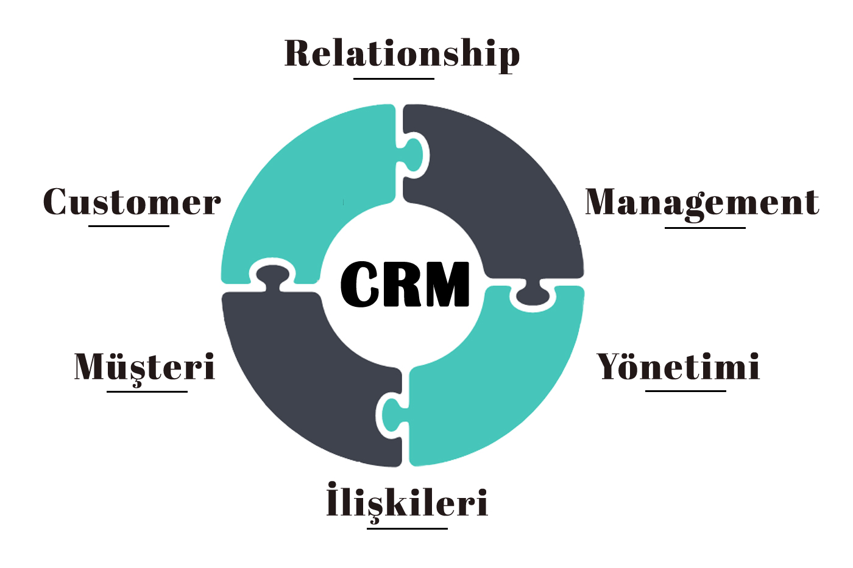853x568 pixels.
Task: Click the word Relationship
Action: [402, 54]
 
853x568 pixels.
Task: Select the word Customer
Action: [132, 202]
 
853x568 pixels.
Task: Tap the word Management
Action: [702, 203]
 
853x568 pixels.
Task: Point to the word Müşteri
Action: [144, 367]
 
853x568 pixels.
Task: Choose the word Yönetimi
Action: [678, 367]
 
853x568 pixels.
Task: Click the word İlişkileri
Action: [407, 503]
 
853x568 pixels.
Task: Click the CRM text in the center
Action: [405, 284]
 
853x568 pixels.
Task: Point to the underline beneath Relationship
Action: [394, 79]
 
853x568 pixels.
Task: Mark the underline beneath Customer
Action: [129, 226]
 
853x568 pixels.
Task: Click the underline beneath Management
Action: [705, 228]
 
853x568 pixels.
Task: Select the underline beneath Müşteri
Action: [147, 391]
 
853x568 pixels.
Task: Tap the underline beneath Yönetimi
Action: [685, 391]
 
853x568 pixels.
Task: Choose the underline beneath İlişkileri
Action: [407, 528]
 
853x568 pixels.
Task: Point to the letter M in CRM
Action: [447, 284]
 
